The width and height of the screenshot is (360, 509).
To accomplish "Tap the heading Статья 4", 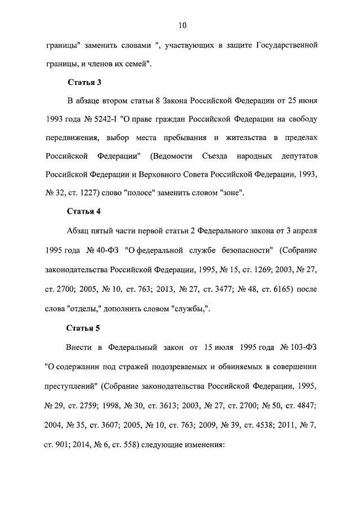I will click(x=84, y=211).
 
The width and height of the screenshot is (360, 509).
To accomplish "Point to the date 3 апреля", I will click(x=304, y=231).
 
